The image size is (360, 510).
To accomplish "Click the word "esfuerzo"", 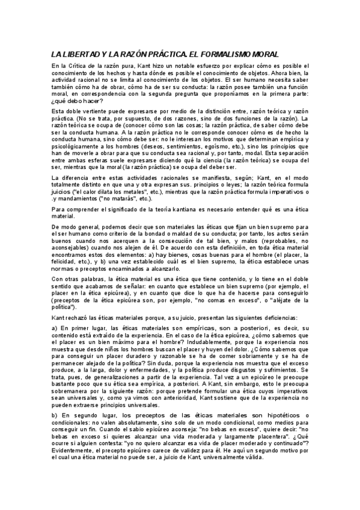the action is (216, 66).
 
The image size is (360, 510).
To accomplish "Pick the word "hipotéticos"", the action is (276, 416).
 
